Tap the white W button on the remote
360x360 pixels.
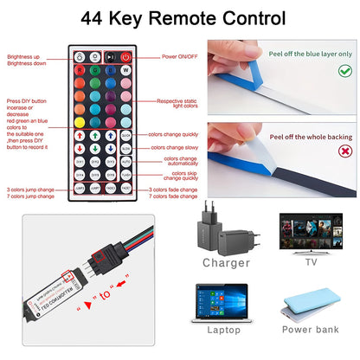point(125,72)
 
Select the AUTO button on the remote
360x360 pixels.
point(125,161)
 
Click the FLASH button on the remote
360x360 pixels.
point(125,174)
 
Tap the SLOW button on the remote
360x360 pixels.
point(125,148)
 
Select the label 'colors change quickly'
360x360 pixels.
point(176,135)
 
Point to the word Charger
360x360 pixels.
point(226,262)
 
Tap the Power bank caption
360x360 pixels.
point(310,329)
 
